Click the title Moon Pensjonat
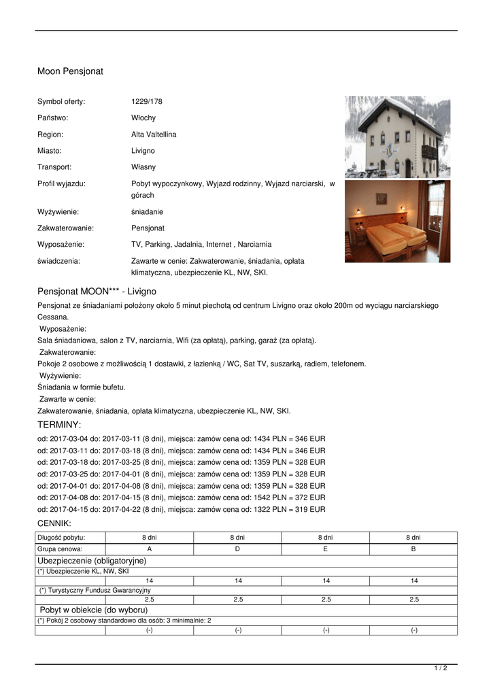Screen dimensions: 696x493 pyautogui.click(x=70, y=71)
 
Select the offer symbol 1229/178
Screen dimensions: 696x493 pyautogui.click(x=147, y=102)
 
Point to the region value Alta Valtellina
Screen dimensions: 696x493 pyautogui.click(x=154, y=135)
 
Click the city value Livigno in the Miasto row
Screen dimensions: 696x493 pyautogui.click(x=143, y=150)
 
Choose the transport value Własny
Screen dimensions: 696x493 pyautogui.click(x=143, y=167)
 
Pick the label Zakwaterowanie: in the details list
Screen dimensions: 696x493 pyautogui.click(x=65, y=228)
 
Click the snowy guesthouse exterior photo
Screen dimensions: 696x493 pyautogui.click(x=397, y=137)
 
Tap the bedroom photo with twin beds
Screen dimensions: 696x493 pyautogui.click(x=397, y=221)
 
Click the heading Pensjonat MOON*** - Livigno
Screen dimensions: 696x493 pyautogui.click(x=97, y=292)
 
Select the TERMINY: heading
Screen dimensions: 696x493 pyautogui.click(x=59, y=425)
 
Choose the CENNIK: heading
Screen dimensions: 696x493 pyautogui.click(x=54, y=523)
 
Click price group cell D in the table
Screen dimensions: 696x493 pyautogui.click(x=238, y=549)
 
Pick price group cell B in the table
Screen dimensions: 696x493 pyautogui.click(x=413, y=549)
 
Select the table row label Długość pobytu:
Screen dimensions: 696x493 pyautogui.click(x=61, y=537)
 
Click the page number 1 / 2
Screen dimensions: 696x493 pyautogui.click(x=441, y=669)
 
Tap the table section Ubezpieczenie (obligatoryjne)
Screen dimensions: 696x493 pyautogui.click(x=92, y=561)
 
